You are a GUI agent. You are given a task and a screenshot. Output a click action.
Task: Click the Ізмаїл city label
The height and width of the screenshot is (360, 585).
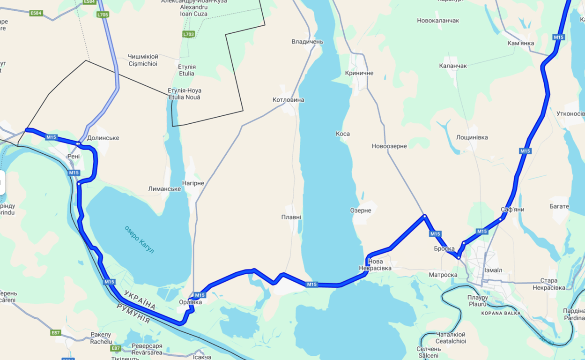tap(493, 270)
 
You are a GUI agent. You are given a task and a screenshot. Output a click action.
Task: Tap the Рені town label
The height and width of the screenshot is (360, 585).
tap(74, 156)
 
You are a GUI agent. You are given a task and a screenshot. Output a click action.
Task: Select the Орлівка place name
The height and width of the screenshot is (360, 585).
tap(190, 302)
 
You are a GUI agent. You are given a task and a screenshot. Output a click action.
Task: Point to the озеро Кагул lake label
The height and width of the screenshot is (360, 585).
tap(139, 240)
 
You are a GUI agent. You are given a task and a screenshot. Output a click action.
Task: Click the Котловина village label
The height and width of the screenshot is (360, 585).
tap(288, 100)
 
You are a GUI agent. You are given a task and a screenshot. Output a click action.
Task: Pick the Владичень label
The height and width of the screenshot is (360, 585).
tap(307, 42)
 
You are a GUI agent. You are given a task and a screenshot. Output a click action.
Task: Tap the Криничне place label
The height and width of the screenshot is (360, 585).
tap(359, 73)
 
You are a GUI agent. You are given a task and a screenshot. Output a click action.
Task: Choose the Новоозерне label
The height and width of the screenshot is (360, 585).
tap(389, 146)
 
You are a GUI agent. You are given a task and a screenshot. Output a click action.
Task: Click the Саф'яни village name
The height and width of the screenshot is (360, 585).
tap(512, 210)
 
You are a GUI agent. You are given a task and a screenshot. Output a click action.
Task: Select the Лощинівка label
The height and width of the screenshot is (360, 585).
tap(472, 137)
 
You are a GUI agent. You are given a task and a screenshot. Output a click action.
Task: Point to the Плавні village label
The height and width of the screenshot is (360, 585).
tap(291, 217)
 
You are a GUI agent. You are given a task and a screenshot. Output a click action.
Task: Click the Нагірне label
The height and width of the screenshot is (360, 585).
tap(193, 183)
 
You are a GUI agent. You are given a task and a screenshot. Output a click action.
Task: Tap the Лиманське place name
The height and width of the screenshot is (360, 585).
tap(164, 189)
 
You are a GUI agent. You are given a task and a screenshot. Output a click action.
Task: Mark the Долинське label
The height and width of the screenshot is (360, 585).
tap(103, 138)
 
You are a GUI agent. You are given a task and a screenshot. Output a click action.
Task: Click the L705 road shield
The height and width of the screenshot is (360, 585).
tap(103, 15)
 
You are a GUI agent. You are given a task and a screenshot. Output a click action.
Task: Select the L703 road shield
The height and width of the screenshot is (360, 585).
tap(188, 34)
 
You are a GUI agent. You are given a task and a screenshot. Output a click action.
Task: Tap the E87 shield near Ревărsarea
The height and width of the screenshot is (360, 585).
tap(115, 348)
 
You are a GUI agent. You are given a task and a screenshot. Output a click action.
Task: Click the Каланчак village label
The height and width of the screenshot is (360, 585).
tap(453, 66)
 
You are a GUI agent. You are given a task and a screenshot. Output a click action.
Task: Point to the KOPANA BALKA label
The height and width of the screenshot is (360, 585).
tap(501, 313)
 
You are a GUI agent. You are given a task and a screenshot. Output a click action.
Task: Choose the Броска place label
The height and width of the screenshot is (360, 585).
tap(444, 249)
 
